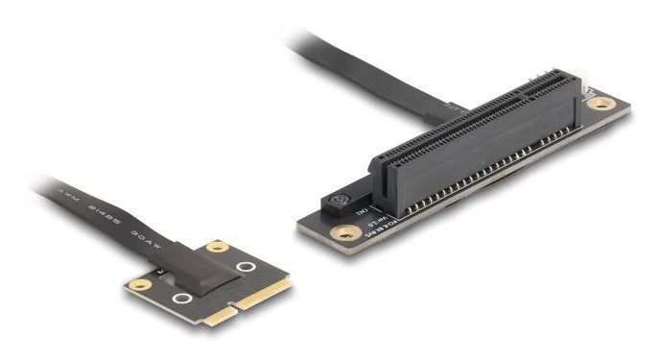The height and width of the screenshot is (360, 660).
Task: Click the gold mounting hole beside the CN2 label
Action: [341, 231]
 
